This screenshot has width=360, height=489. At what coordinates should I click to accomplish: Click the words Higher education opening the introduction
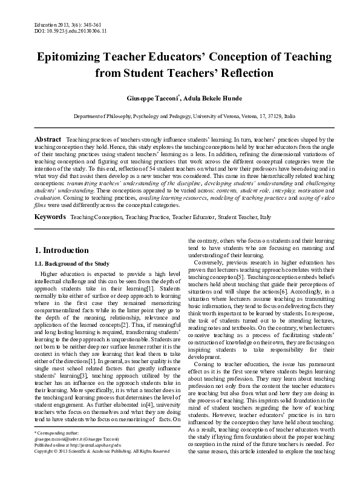pyautogui.click(x=61, y=274)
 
